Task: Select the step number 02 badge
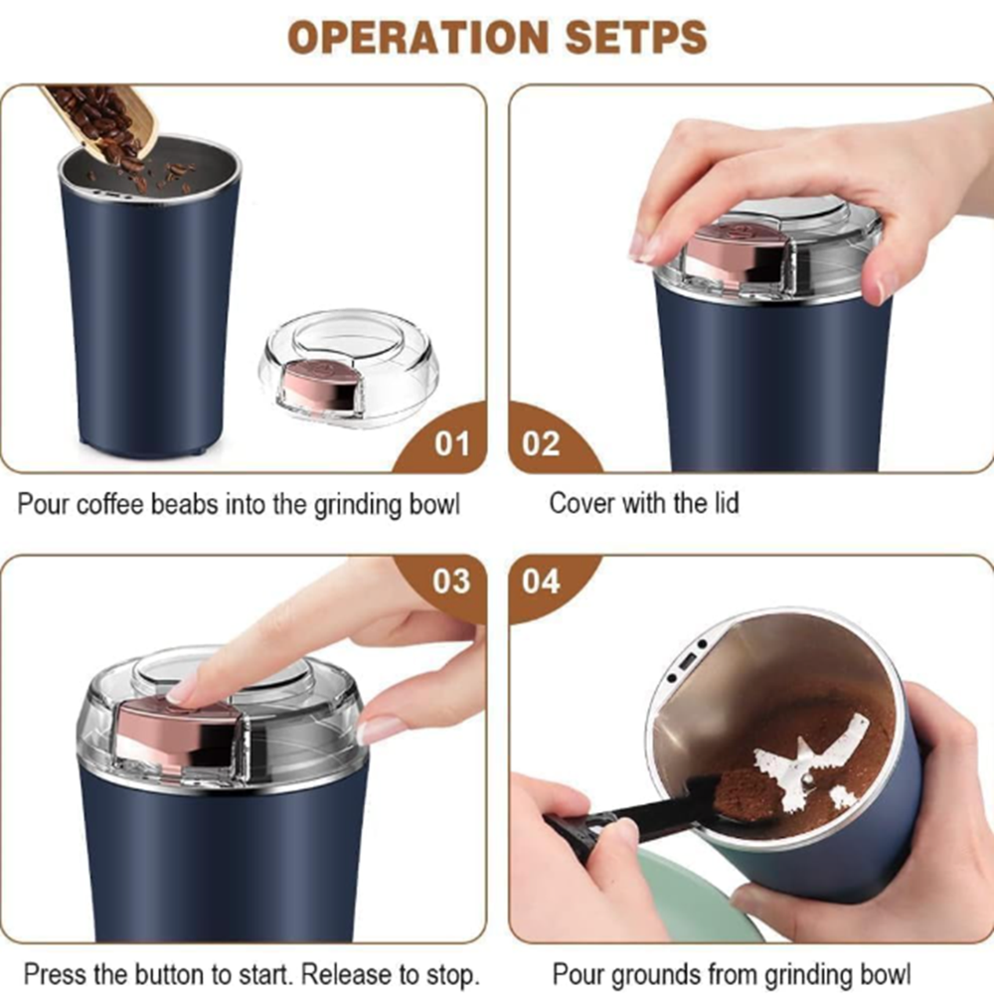[x=542, y=442]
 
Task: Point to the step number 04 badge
[x=542, y=580]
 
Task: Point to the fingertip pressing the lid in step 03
[x=184, y=691]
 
